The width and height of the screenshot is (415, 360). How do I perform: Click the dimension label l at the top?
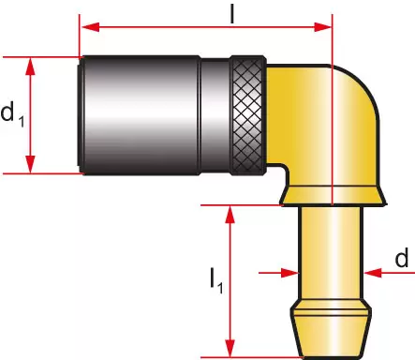coord(231,14)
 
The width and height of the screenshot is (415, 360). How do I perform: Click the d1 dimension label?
coord(12,113)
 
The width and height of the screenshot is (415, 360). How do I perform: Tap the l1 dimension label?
coord(216,280)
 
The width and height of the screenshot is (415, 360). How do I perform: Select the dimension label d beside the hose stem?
coord(402,257)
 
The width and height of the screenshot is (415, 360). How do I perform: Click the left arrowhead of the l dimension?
coord(91,27)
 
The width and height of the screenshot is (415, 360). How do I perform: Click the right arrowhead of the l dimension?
coord(322,27)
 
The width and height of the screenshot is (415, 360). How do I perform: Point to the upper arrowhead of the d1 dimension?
coord(30,67)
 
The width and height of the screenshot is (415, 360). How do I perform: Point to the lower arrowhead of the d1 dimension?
coord(30,164)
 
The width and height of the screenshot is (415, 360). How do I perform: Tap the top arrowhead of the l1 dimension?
coord(230,215)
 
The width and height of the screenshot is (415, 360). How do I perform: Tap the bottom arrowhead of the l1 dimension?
coord(230,348)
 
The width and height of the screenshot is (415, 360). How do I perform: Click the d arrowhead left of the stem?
coord(290,273)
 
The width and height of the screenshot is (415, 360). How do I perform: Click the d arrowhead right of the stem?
coord(373,273)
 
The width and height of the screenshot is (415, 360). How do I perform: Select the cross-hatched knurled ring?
coord(248,115)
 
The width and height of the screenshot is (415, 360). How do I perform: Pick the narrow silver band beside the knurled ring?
coord(215,115)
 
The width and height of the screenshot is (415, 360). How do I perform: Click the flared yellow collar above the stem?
coord(333,196)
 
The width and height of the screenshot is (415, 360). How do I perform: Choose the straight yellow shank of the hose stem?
coord(332,253)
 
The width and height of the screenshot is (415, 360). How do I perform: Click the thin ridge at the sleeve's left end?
coord(81,115)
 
